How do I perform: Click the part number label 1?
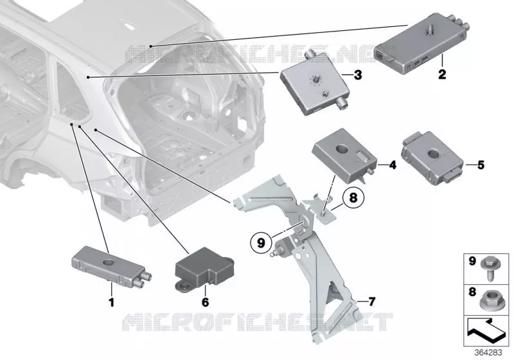(x=111, y=302)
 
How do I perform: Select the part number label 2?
(x=442, y=75)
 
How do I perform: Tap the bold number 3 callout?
(x=358, y=75)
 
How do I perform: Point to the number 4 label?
(x=393, y=165)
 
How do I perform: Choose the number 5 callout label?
(x=481, y=165)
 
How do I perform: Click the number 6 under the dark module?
(x=205, y=302)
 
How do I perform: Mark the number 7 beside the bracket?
(x=371, y=301)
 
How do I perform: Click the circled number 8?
(x=353, y=198)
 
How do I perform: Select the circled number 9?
(x=261, y=243)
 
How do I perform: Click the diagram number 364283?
(x=488, y=352)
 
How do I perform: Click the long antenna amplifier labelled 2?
(x=421, y=44)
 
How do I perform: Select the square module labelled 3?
(x=314, y=84)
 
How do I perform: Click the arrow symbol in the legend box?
(x=486, y=332)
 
